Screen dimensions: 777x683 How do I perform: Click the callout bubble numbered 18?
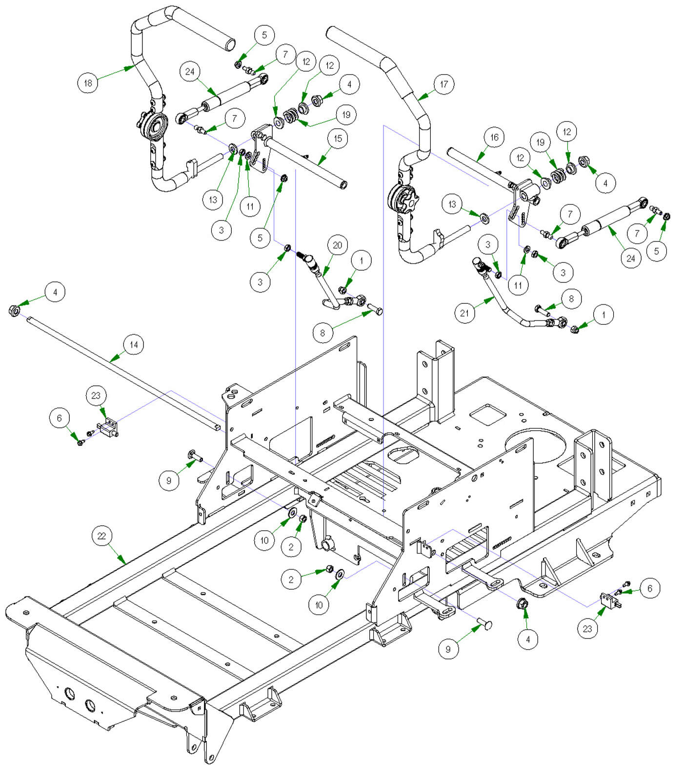tap(88, 83)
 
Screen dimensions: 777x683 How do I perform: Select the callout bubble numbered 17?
tap(443, 84)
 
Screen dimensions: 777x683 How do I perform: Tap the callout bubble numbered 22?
tap(101, 536)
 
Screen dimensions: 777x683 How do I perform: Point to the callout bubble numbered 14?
tap(134, 345)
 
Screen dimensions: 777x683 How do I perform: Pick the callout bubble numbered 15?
tap(338, 139)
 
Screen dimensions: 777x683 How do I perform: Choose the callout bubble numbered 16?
tap(494, 138)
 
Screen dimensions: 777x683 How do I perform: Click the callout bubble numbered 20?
tap(338, 245)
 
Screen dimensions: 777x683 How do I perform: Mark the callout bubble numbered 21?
tap(464, 313)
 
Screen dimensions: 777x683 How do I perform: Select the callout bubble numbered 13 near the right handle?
tap(452, 204)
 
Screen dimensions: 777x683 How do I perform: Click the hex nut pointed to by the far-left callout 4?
tap(14, 310)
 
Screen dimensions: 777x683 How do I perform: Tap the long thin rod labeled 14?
tap(122, 371)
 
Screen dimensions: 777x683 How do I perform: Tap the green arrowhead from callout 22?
tap(124, 561)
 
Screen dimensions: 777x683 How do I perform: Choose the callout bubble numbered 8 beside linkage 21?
tap(571, 299)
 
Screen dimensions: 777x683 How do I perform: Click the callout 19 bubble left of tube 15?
tap(346, 115)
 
